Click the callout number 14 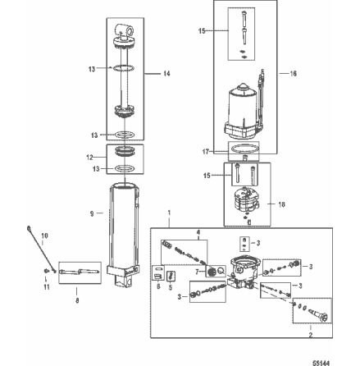coord(166,74)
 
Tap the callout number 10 coord(43,235)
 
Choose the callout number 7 coord(198,270)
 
